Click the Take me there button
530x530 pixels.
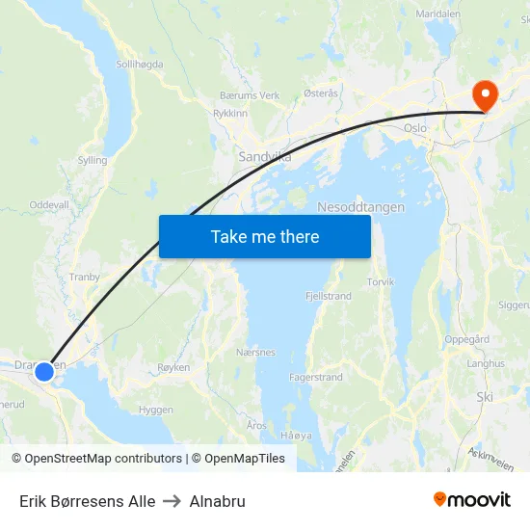click(x=264, y=236)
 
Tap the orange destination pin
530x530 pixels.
click(x=484, y=94)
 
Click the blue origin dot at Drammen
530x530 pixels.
click(x=43, y=371)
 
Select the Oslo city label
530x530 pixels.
click(x=415, y=128)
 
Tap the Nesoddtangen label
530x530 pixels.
click(x=361, y=207)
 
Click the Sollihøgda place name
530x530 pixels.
click(x=140, y=64)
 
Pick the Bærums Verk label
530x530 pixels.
click(x=250, y=96)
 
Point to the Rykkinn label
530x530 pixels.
click(x=230, y=113)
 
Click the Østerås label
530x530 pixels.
click(x=321, y=93)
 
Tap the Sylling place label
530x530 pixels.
click(x=93, y=161)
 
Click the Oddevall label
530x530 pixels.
click(x=49, y=205)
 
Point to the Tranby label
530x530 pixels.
click(x=85, y=277)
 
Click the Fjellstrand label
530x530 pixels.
click(x=328, y=296)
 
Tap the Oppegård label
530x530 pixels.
click(x=467, y=339)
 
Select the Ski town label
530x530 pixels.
click(x=485, y=396)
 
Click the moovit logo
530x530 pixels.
click(x=472, y=500)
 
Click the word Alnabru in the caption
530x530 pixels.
click(x=218, y=501)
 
